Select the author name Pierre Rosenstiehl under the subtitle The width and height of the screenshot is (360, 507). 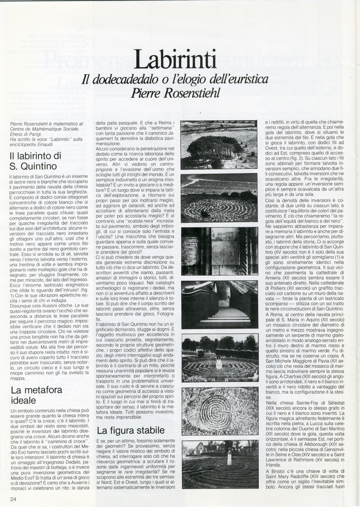click(x=175, y=93)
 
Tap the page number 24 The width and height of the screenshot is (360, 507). click(x=13, y=499)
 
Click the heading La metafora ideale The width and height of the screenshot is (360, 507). click(x=36, y=395)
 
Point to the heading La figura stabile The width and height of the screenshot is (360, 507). click(x=130, y=430)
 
